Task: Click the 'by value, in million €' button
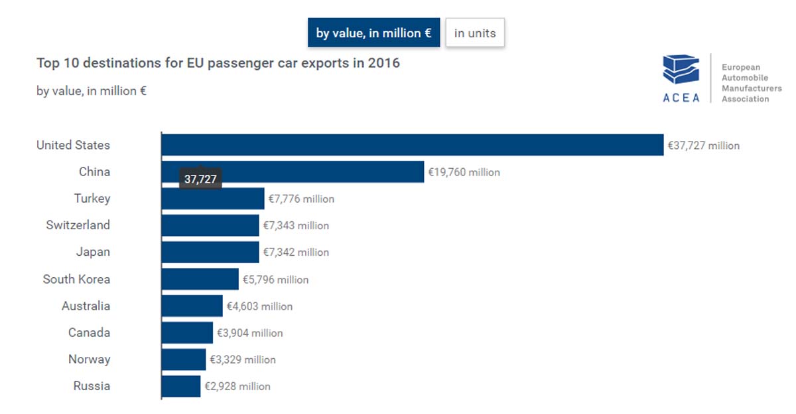point(373,33)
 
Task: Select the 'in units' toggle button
point(475,33)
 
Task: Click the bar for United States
point(412,145)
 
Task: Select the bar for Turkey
point(212,199)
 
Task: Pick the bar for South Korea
point(200,279)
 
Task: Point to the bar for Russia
point(180,386)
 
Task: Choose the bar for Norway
point(183,360)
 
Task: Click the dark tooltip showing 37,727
point(200,179)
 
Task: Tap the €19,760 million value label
point(464,172)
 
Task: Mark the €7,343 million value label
point(296,225)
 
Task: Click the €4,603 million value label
point(259,306)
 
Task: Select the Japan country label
point(94,252)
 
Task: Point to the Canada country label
point(89,332)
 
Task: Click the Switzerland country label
point(78,225)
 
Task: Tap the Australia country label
point(86,306)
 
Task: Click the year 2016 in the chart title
point(385,63)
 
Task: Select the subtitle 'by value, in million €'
point(92,91)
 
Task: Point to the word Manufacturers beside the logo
point(752,88)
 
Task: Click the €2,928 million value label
point(237,386)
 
